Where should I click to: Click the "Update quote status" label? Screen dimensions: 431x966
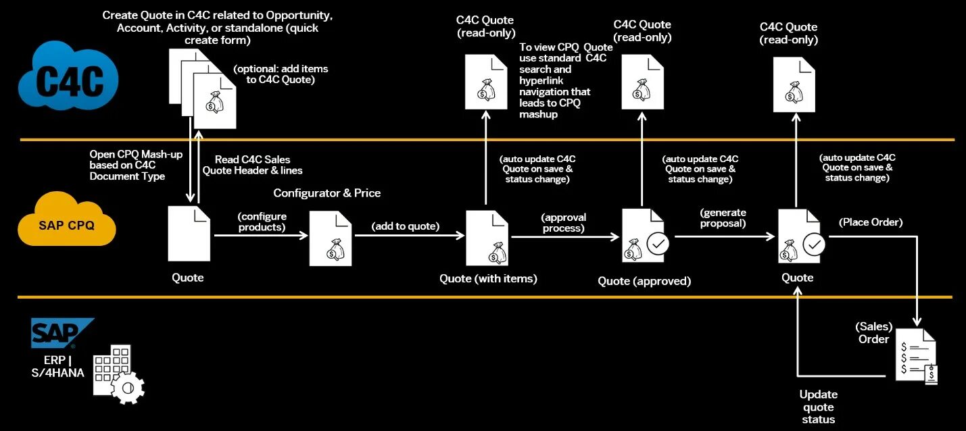click(x=818, y=407)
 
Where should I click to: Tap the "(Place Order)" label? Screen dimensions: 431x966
click(x=871, y=222)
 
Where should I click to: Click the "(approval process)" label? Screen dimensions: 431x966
click(x=563, y=223)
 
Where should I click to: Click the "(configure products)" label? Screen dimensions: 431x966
click(x=262, y=222)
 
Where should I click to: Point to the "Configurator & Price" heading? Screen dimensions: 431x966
click(x=327, y=193)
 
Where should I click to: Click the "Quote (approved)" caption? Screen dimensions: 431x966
click(x=644, y=281)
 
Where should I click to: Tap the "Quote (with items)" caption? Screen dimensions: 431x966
click(x=488, y=278)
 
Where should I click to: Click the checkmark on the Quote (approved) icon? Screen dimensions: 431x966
click(x=657, y=243)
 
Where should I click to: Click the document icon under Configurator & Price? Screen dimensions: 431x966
click(x=330, y=238)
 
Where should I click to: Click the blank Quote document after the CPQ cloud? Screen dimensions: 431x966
click(x=189, y=234)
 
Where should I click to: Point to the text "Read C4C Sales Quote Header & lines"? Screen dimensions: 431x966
click(x=253, y=164)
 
